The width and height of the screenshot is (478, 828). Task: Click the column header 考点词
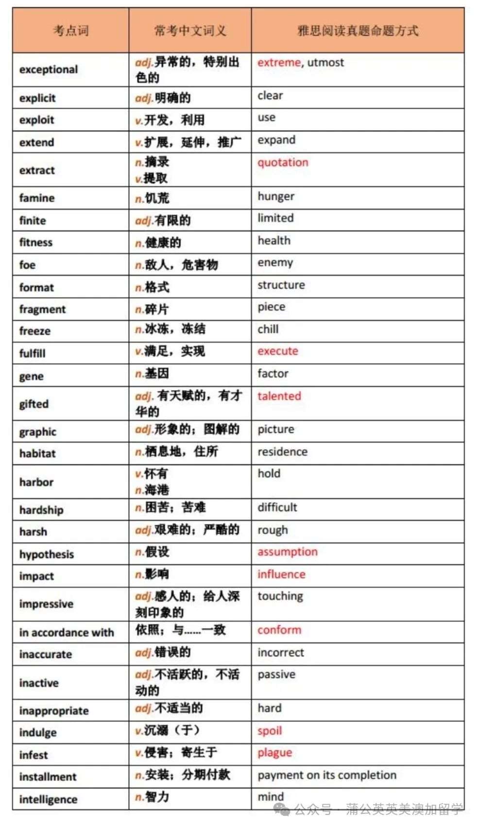[71, 31]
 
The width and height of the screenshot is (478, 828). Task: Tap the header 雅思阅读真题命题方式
[358, 31]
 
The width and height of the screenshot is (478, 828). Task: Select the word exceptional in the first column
[49, 69]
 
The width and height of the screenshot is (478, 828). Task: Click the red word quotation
[283, 162]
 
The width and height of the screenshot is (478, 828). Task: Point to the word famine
[37, 198]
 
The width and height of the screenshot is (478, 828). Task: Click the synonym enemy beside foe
[275, 263]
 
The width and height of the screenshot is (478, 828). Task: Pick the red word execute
[278, 351]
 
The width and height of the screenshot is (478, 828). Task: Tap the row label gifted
[34, 404]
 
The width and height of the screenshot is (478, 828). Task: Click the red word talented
[279, 396]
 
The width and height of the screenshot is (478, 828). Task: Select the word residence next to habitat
[282, 452]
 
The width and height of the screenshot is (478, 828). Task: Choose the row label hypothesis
[47, 554]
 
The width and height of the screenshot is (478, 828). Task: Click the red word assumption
[288, 552]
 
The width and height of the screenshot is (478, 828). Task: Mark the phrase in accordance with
[67, 632]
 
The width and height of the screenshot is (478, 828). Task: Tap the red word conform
[279, 630]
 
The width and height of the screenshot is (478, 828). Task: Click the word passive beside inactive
[276, 674]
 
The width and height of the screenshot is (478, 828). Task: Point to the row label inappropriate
[54, 711]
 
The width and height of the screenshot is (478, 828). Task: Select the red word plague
[275, 753]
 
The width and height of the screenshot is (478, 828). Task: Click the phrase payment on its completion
[327, 775]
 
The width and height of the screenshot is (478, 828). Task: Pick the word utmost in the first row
[325, 62]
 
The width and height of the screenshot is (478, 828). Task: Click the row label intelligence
[48, 799]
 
